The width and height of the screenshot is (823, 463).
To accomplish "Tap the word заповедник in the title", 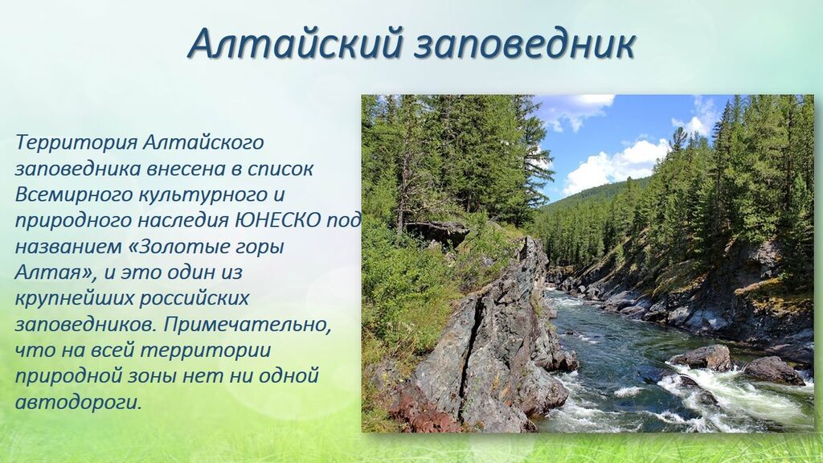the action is pyautogui.click(x=524, y=43).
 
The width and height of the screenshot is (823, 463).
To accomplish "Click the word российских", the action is pyautogui.click(x=193, y=299).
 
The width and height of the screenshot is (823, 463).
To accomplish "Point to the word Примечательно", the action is pyautogui.click(x=248, y=325).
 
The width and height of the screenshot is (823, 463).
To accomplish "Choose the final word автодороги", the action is pyautogui.click(x=79, y=403).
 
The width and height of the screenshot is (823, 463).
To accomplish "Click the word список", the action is pyautogui.click(x=280, y=169).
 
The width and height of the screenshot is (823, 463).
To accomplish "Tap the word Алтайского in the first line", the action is pyautogui.click(x=203, y=142).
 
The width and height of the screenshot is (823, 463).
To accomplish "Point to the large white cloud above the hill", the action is pyautogui.click(x=615, y=166).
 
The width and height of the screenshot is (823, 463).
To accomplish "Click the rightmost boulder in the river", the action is pyautogui.click(x=773, y=371).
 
